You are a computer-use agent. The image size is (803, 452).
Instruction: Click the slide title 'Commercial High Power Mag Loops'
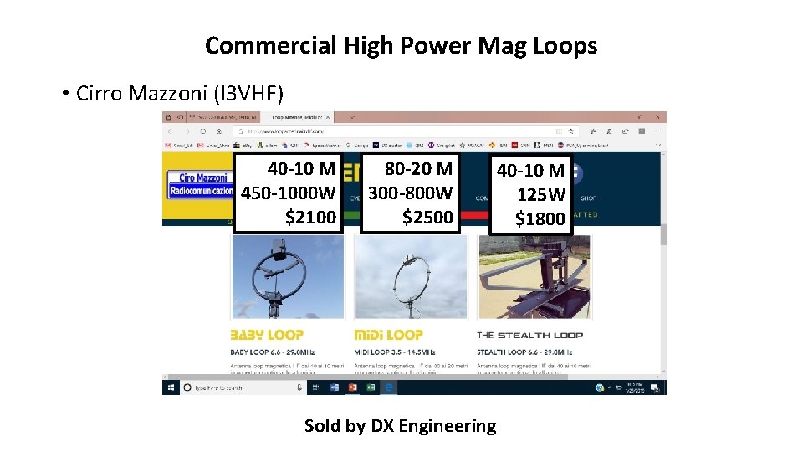(x=401, y=45)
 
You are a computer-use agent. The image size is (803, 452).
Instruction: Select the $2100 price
(x=310, y=218)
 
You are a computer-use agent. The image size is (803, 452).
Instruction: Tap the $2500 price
(x=427, y=218)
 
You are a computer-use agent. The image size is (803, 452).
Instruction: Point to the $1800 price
(x=540, y=219)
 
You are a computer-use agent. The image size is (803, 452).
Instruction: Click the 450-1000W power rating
(x=289, y=193)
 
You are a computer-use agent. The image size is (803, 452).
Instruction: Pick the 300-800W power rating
(x=411, y=193)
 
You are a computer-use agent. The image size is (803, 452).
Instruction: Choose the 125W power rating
(x=541, y=195)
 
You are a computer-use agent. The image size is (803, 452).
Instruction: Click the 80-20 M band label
(x=418, y=169)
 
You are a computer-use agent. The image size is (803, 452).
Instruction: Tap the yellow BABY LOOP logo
(x=267, y=335)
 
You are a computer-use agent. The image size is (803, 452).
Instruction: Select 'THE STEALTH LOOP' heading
(x=529, y=335)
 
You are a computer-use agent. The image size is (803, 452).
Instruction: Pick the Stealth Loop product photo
(x=534, y=276)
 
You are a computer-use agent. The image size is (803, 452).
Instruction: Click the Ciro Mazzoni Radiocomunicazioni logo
(x=201, y=184)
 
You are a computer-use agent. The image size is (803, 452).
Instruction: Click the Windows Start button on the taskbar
(x=170, y=388)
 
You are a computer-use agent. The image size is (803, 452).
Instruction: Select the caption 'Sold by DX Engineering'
(x=400, y=426)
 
